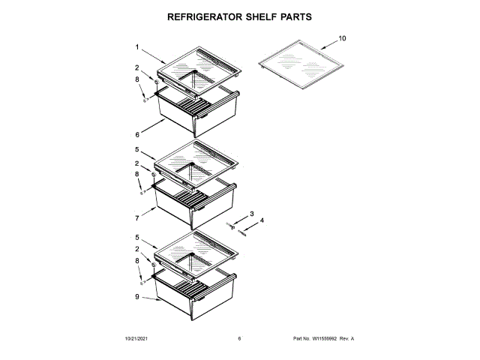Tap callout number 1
pos(138,46)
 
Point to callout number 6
pos(138,135)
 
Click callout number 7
pos(138,219)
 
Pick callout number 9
pos(138,297)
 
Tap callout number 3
pos(252,214)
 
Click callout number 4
pos(262,220)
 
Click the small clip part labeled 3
pos(233,225)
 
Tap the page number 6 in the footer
pos(239,339)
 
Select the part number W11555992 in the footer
pos(325,339)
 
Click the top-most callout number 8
pos(137,79)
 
